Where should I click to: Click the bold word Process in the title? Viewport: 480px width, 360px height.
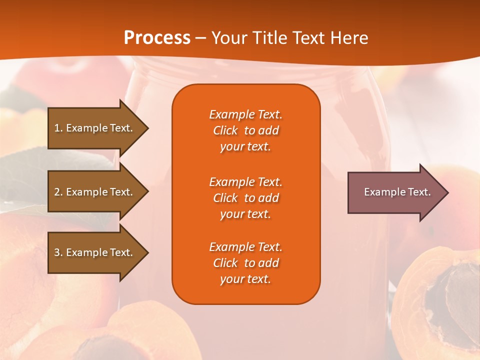tap(157, 38)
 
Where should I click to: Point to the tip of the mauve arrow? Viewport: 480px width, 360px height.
tap(447, 192)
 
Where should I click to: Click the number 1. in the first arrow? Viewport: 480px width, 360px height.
tap(58, 128)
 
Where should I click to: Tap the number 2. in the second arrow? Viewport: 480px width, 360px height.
tap(58, 192)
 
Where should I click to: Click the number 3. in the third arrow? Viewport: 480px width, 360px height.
tap(58, 252)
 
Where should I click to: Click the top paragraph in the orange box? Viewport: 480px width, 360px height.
tap(245, 130)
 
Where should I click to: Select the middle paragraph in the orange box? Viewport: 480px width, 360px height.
tap(245, 198)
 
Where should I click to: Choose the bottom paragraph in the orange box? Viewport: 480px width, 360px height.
tap(245, 263)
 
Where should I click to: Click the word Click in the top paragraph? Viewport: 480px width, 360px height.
tap(225, 130)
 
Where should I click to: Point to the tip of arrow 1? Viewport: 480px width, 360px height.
tap(147, 128)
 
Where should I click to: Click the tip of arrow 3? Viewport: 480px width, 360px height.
tap(147, 252)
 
